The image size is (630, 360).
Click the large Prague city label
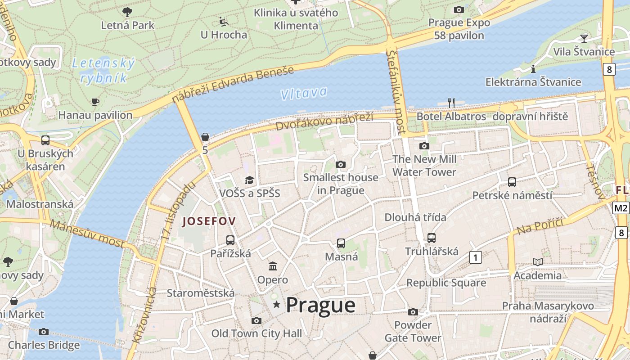pyautogui.click(x=320, y=306)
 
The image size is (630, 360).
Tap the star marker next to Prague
pyautogui.click(x=277, y=305)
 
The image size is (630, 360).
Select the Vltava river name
pyautogui.click(x=303, y=93)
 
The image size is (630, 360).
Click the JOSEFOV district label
pyautogui.click(x=209, y=221)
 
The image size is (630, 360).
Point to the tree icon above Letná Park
pyautogui.click(x=127, y=12)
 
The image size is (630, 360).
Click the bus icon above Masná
pyautogui.click(x=341, y=243)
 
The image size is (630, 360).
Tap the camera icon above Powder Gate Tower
pyautogui.click(x=413, y=312)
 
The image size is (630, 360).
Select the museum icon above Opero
pyautogui.click(x=273, y=266)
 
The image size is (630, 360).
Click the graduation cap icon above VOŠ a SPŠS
pyautogui.click(x=249, y=180)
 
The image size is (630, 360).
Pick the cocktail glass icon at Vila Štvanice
pyautogui.click(x=584, y=38)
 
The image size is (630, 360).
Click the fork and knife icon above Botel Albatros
pyautogui.click(x=452, y=103)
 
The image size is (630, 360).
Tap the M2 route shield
pyautogui.click(x=621, y=208)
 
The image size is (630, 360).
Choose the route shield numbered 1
pyautogui.click(x=475, y=257)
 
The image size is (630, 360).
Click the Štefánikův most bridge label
pyautogui.click(x=396, y=92)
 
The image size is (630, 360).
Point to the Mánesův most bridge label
pyautogui.click(x=87, y=233)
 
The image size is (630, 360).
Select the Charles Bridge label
pyautogui.click(x=44, y=345)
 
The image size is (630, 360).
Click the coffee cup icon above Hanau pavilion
pyautogui.click(x=95, y=102)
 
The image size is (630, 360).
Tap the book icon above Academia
pyautogui.click(x=538, y=262)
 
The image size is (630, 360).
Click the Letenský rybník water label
pyautogui.click(x=103, y=71)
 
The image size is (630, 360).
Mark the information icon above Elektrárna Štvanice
pyautogui.click(x=533, y=69)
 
